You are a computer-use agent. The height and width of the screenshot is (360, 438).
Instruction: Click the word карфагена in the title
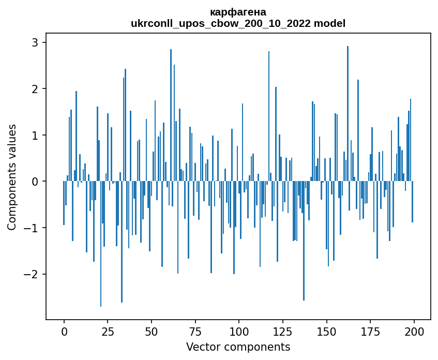pyautogui.click(x=238, y=12)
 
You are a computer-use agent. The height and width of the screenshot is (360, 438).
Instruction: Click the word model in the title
pyautogui.click(x=329, y=23)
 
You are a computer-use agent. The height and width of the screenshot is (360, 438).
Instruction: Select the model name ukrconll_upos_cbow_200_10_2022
pyautogui.click(x=221, y=24)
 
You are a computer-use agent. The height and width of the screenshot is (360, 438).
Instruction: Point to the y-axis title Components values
pyautogui.click(x=12, y=177)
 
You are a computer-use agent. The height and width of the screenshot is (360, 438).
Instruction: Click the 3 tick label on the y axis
pyautogui.click(x=36, y=42)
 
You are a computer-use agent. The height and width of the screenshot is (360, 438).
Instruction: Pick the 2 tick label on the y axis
pyautogui.click(x=36, y=89)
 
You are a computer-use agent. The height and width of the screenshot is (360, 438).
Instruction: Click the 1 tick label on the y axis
pyautogui.click(x=36, y=136)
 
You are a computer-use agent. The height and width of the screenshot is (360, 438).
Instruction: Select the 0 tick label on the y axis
pyautogui.click(x=36, y=182)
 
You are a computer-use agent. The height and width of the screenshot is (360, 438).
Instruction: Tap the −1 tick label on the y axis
pyautogui.click(x=31, y=228)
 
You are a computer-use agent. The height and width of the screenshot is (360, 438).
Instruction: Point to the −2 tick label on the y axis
pyautogui.click(x=31, y=275)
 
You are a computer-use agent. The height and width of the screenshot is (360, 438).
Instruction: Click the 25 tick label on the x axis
pyautogui.click(x=108, y=332)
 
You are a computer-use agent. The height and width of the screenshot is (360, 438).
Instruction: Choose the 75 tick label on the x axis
pyautogui.click(x=195, y=332)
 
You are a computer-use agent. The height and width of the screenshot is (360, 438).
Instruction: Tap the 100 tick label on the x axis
pyautogui.click(x=239, y=332)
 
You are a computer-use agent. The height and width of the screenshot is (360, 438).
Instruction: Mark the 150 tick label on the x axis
pyautogui.click(x=326, y=332)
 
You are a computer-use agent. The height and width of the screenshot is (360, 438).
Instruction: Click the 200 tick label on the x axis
pyautogui.click(x=414, y=332)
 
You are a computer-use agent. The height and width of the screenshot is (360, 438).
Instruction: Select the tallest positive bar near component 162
pyautogui.click(x=348, y=113)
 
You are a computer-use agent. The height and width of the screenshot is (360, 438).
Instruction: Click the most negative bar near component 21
pyautogui.click(x=101, y=244)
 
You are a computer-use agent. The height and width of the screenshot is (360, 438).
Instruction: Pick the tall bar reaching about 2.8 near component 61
pyautogui.click(x=171, y=115)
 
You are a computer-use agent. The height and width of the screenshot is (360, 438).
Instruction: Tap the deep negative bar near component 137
pyautogui.click(x=304, y=241)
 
